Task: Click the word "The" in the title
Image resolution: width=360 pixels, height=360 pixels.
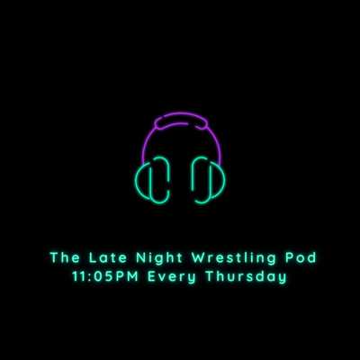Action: click(65, 257)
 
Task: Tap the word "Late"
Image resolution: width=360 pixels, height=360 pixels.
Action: click(108, 257)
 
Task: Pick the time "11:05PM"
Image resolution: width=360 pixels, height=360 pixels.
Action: click(105, 276)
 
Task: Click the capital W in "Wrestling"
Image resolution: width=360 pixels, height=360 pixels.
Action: click(199, 257)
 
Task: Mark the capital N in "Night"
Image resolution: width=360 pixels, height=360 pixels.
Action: click(141, 257)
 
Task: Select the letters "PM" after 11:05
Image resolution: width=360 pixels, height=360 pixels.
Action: click(127, 276)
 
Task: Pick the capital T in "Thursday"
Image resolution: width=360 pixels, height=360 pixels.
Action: click(210, 276)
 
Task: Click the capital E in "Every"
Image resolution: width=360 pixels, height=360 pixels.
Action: click(152, 276)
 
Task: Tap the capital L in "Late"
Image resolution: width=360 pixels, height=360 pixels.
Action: click(93, 257)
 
